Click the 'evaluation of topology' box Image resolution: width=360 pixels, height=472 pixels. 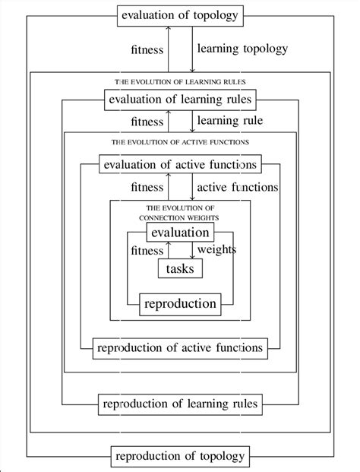pos(180,15)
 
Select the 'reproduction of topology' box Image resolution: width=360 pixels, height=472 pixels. pos(180,456)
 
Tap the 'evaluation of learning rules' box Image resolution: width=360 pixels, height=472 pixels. pos(180,100)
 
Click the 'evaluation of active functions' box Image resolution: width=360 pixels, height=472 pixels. pos(180,163)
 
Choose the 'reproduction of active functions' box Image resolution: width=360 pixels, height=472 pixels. pos(180,348)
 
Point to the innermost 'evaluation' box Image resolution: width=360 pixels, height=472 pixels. pos(179,233)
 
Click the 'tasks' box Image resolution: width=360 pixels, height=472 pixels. pos(180,268)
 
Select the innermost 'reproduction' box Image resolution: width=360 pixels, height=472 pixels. pos(180,303)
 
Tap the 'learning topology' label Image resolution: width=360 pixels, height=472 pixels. pos(242,49)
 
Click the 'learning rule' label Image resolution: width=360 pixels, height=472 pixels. pos(230,120)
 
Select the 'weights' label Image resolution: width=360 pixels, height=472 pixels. pos(216,249)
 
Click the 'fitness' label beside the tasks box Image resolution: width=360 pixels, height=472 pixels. pos(147,250)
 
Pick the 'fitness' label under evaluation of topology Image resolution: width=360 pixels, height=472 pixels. pos(147,49)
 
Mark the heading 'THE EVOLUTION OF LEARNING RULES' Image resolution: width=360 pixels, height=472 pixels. pos(180,81)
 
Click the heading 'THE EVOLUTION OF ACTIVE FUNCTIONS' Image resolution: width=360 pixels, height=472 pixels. pos(180,142)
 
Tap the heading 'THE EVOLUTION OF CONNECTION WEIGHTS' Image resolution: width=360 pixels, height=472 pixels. pos(180,213)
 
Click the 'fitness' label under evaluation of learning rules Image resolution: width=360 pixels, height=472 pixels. pos(147,120)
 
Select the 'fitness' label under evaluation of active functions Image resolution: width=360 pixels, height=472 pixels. pos(147,186)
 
